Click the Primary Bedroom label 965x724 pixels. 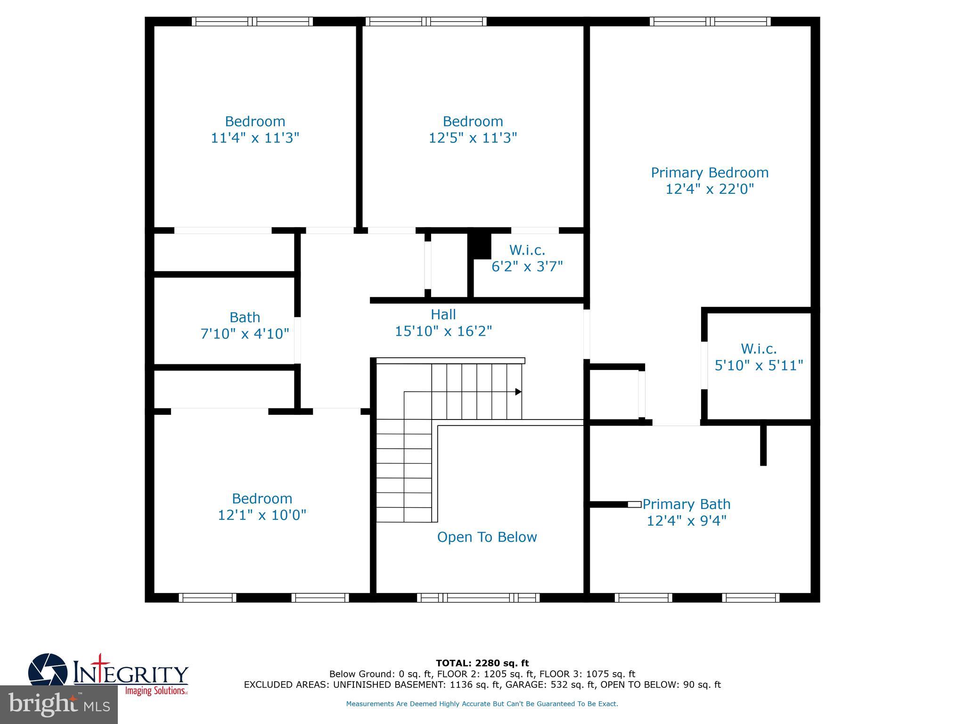point(710,173)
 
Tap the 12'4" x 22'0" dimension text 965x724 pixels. point(710,189)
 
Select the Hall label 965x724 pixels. point(443,314)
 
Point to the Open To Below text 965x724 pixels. point(487,537)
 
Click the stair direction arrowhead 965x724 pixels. point(518,392)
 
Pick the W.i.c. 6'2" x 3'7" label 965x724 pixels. point(527,258)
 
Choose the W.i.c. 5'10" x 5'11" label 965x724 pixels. point(759,357)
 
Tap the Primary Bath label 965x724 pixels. point(686,504)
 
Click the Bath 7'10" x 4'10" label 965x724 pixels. point(245,325)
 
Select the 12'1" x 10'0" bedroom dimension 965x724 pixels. point(262,515)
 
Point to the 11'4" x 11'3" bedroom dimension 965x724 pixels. point(255,138)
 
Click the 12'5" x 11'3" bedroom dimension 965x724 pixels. point(473,138)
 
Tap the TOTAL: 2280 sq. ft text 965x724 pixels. point(482,663)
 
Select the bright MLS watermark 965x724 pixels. point(58,704)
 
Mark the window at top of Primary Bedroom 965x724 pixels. point(710,21)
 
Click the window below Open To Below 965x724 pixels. point(478,598)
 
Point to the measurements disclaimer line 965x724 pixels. point(482,704)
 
